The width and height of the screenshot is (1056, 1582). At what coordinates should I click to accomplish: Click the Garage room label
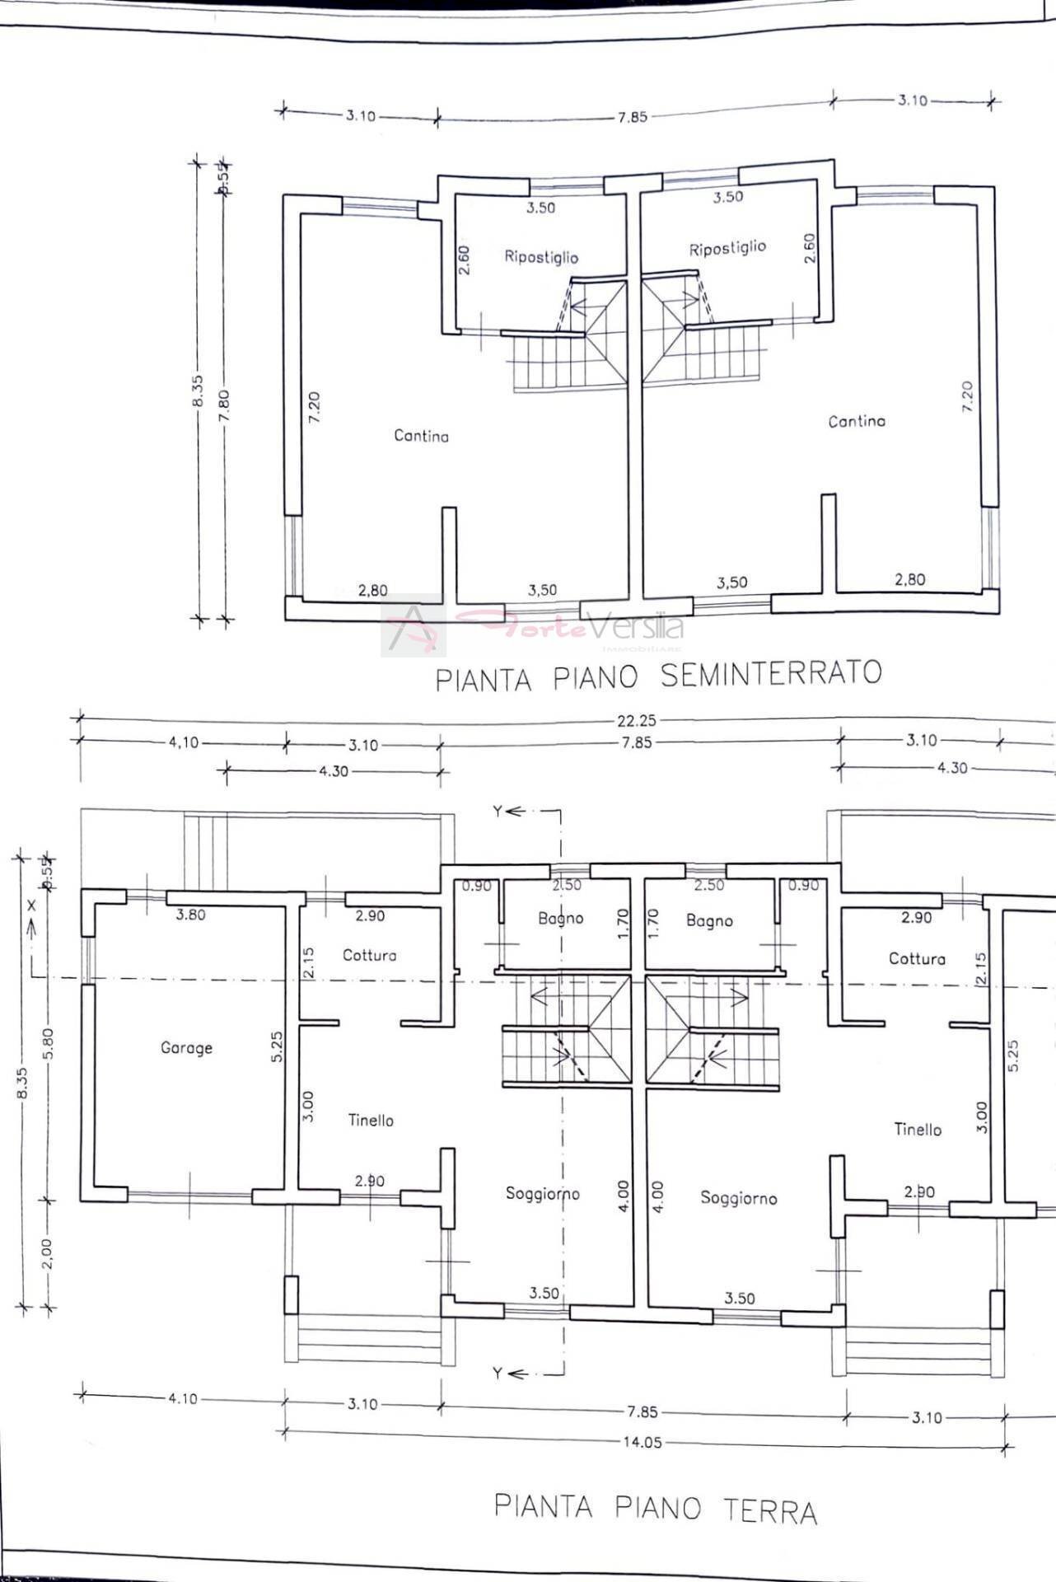pos(186,1048)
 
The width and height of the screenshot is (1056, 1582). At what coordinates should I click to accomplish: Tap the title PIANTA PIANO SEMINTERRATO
pos(658,676)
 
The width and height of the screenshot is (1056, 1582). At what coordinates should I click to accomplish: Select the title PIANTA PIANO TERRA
pos(656,1508)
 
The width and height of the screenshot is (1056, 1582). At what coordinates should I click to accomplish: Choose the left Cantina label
pos(421,436)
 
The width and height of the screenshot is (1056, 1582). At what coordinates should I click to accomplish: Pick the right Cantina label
pos(857,421)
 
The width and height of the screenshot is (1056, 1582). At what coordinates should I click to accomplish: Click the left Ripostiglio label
pos(541,257)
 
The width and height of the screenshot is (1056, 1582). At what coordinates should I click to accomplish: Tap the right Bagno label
pos(709,920)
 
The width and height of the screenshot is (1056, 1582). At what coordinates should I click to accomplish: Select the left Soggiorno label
pos(542,1193)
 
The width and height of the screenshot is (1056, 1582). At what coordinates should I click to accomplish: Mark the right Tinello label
pos(918,1130)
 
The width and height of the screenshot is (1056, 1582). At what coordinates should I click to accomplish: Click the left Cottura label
pos(369,955)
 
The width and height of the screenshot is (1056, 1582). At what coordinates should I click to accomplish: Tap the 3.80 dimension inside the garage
pos(190,915)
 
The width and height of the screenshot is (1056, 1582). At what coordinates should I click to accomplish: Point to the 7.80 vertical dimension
pos(224,405)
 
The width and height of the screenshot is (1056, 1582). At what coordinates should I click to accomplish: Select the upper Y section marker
pos(507,812)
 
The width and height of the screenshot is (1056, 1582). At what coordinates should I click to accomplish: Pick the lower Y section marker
pos(507,1374)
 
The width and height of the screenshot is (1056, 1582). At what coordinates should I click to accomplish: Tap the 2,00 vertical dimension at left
pos(46,1253)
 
